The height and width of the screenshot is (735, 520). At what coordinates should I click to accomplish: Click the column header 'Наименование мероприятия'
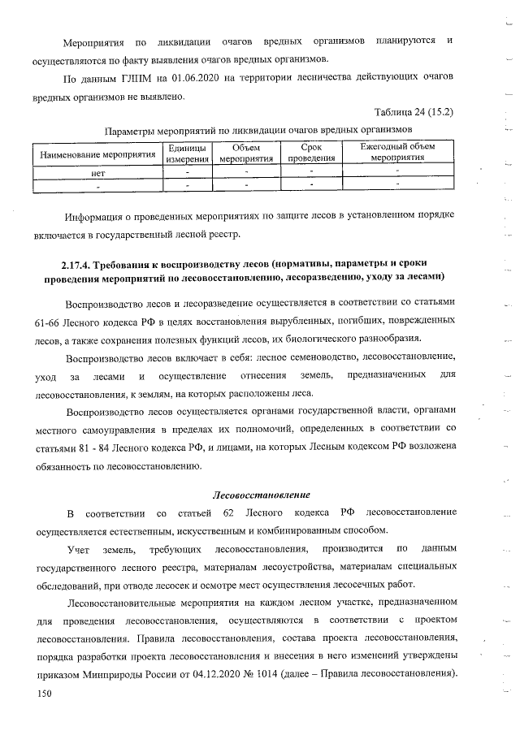click(x=93, y=153)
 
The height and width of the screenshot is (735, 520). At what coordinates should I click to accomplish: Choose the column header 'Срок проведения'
click(x=310, y=153)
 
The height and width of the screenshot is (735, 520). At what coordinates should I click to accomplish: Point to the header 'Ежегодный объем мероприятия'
click(x=397, y=153)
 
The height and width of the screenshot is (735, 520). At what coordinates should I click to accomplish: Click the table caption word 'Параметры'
click(x=132, y=129)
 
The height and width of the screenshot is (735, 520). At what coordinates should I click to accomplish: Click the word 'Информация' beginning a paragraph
click(x=97, y=215)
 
